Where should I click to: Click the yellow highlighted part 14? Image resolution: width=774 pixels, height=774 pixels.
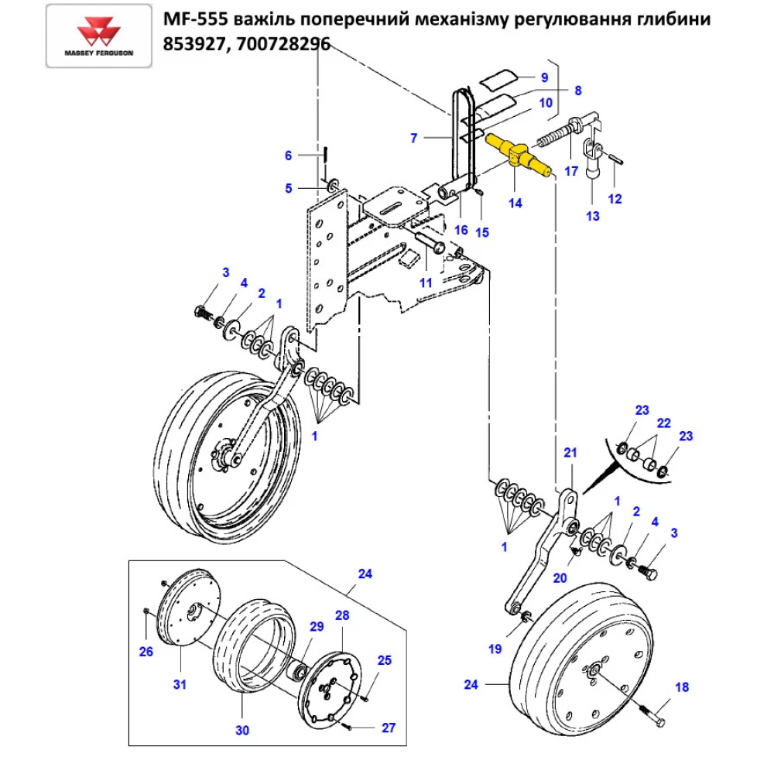[518, 154]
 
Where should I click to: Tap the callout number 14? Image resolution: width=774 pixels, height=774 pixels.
[515, 204]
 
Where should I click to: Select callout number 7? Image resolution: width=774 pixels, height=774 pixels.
[414, 139]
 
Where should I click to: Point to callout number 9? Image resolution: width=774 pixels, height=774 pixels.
[543, 77]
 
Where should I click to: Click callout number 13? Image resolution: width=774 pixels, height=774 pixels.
[592, 216]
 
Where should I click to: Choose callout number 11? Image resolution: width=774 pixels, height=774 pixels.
[426, 283]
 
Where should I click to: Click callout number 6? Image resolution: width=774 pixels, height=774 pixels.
[289, 156]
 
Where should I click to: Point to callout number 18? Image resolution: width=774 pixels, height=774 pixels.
[681, 687]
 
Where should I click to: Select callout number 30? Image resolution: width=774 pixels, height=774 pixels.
[241, 730]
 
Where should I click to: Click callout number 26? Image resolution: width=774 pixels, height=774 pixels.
[146, 651]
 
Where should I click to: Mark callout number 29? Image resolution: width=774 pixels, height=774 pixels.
[316, 626]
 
